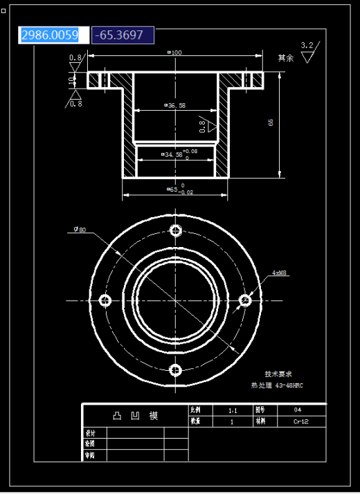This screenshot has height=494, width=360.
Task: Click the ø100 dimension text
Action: [x=174, y=53]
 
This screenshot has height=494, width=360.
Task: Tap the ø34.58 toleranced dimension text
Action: [x=178, y=154]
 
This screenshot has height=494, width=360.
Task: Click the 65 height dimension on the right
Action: [x=271, y=122]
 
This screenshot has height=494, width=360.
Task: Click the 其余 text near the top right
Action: [x=285, y=58]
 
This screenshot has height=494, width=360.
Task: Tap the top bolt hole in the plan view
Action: [x=176, y=230]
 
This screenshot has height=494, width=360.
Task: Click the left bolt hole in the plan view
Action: [x=106, y=300]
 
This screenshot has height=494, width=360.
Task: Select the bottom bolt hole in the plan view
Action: [x=176, y=369]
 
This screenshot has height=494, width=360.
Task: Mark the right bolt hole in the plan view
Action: [x=245, y=300]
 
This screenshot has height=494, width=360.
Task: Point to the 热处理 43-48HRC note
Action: [x=277, y=385]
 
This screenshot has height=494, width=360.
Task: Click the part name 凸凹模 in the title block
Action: [x=136, y=416]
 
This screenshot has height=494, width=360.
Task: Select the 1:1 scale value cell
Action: [x=232, y=410]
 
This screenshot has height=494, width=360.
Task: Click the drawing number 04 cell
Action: [x=298, y=410]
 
